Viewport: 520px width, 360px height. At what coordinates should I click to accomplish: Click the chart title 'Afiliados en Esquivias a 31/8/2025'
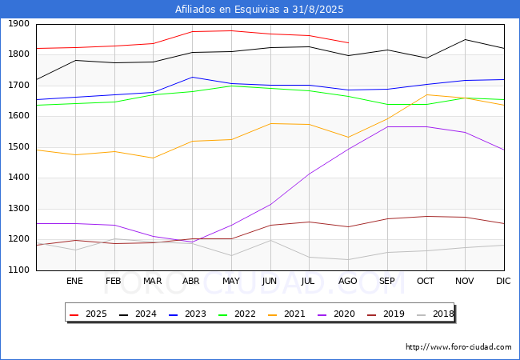click(259, 10)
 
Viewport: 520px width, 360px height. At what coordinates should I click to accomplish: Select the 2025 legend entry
click(88, 314)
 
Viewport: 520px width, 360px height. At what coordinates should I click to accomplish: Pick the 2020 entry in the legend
click(336, 314)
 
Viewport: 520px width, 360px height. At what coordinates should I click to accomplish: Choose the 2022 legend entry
click(237, 314)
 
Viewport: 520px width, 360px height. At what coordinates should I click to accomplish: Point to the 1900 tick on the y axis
click(18, 23)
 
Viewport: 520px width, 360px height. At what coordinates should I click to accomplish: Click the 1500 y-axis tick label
click(18, 147)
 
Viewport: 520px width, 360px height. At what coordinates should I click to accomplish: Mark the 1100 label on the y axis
click(18, 270)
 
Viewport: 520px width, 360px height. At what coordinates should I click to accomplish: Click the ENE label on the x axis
click(74, 281)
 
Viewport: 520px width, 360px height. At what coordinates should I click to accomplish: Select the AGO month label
click(347, 281)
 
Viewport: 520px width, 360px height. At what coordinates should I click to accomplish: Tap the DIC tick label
click(503, 281)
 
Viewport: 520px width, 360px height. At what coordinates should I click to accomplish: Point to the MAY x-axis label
click(231, 281)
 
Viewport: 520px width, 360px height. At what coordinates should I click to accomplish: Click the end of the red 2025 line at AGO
click(348, 42)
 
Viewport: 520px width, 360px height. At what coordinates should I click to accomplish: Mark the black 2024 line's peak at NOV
click(466, 39)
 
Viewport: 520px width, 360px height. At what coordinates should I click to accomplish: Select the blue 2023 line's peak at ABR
click(192, 78)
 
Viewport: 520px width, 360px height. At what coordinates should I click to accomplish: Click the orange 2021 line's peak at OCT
click(426, 95)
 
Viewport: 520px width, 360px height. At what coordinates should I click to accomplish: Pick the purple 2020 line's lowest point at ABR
click(192, 242)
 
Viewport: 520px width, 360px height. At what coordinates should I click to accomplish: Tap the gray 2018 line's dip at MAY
click(231, 255)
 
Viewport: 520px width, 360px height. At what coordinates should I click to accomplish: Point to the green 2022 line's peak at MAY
click(231, 86)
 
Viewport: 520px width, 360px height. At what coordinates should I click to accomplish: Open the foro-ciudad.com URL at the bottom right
click(458, 347)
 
